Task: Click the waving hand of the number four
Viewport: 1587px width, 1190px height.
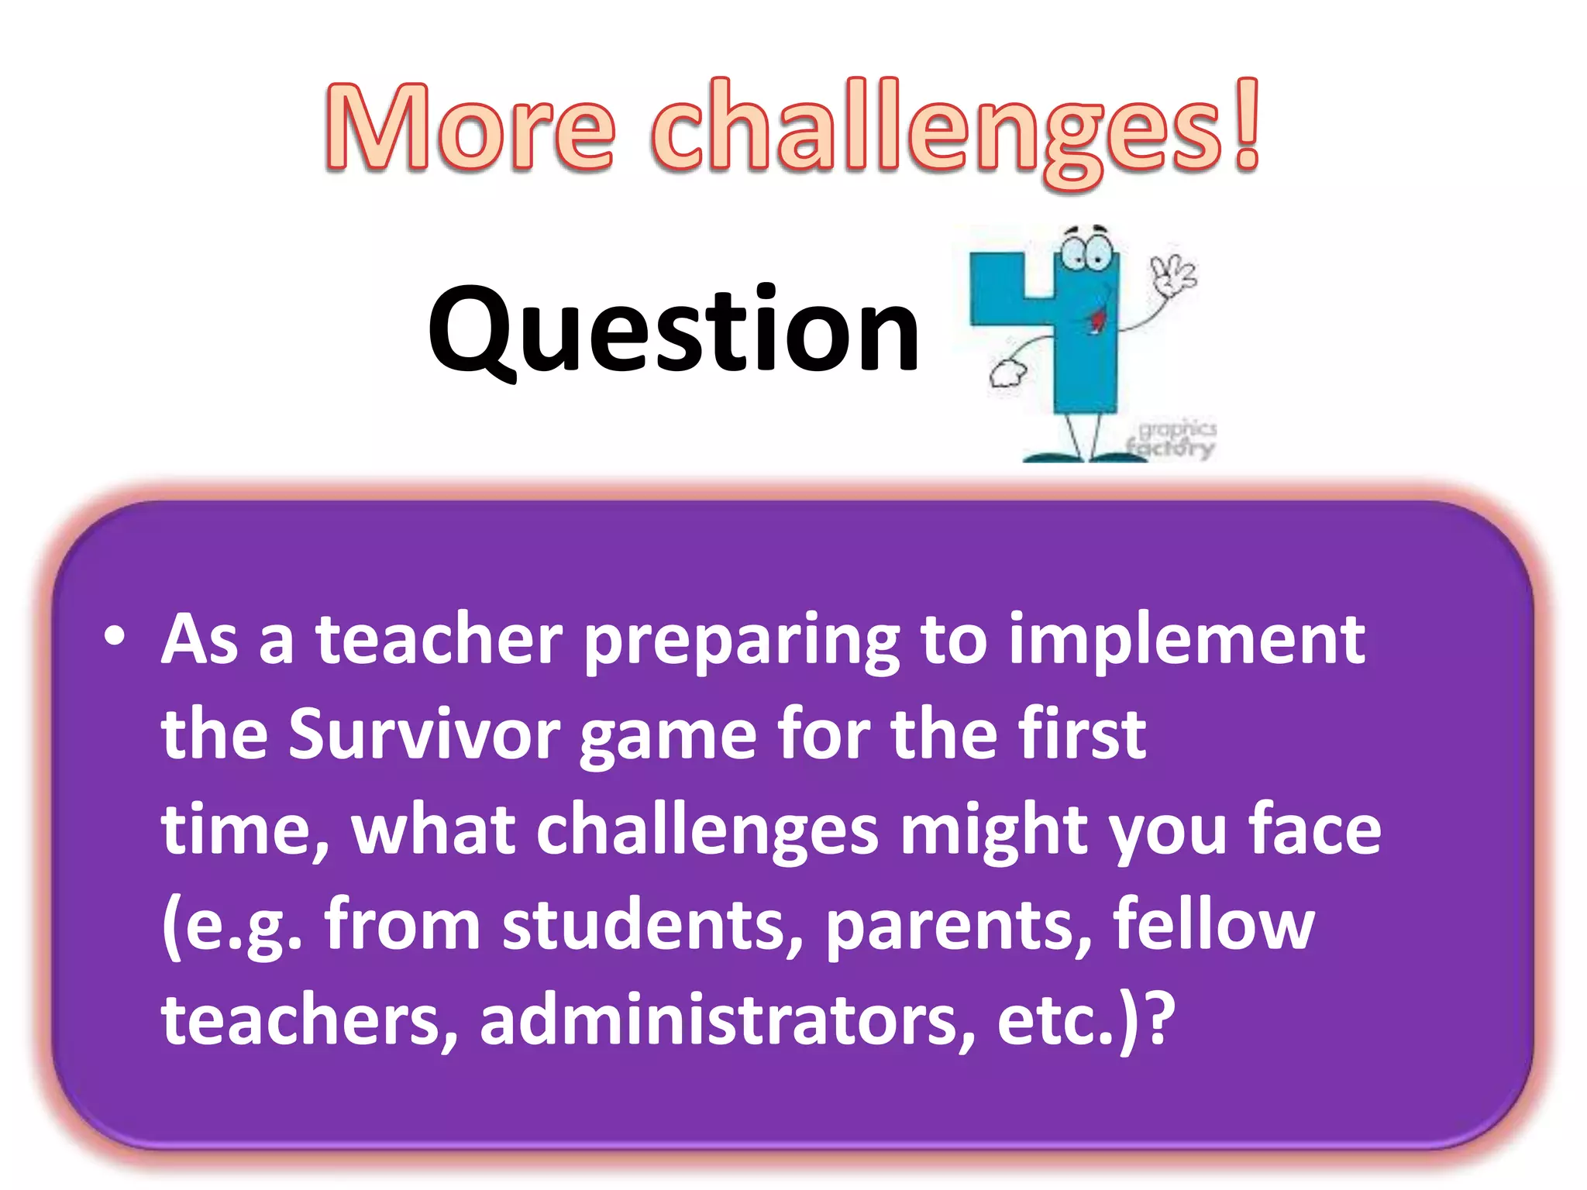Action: coord(1172,276)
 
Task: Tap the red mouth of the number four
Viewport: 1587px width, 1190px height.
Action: coord(1097,317)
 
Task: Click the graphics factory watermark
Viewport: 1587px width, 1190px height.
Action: coord(1174,439)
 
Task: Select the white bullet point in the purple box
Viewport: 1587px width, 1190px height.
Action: coord(115,637)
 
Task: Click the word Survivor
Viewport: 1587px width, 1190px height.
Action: coord(425,734)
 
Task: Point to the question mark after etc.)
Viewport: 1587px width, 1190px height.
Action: coord(1160,1020)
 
